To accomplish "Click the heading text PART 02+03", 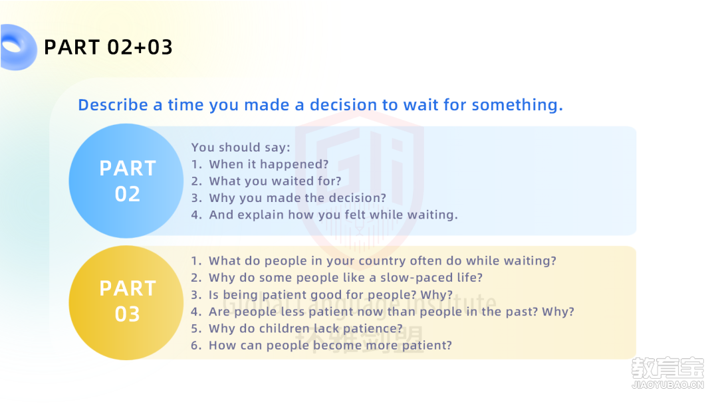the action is [x=108, y=47].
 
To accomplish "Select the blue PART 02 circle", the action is [x=126, y=181].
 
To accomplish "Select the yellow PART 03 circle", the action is [x=126, y=302].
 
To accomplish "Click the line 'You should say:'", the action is [x=241, y=148].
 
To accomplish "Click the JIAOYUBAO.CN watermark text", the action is [x=667, y=385].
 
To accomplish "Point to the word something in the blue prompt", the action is [x=517, y=105].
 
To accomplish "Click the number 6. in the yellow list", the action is [x=196, y=346].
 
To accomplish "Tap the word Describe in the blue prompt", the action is [x=113, y=105].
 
